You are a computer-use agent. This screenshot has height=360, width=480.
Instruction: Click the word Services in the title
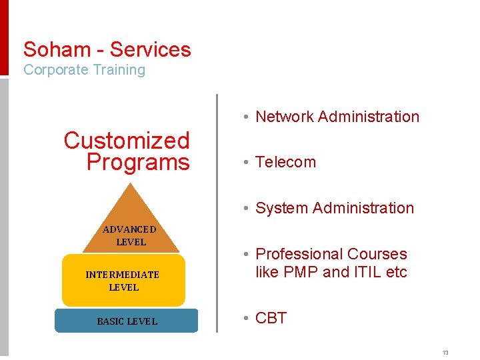(151, 49)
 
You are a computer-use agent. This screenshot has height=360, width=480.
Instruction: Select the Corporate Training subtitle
(84, 70)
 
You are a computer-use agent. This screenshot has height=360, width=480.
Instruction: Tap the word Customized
(127, 141)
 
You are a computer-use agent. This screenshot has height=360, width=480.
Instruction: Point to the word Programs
(138, 162)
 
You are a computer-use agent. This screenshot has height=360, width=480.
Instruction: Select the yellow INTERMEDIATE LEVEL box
(123, 281)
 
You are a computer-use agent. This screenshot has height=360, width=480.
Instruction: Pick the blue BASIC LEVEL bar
(127, 321)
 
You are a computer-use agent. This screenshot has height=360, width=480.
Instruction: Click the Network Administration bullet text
(337, 117)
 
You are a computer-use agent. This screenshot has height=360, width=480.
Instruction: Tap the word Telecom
(286, 162)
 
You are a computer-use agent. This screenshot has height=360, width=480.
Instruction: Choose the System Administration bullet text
(335, 208)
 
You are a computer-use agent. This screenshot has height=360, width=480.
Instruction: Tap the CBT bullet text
(271, 318)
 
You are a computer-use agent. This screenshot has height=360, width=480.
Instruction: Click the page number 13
(445, 352)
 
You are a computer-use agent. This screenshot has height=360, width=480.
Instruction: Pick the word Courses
(381, 254)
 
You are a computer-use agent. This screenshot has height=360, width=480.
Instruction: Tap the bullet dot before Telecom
(247, 162)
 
